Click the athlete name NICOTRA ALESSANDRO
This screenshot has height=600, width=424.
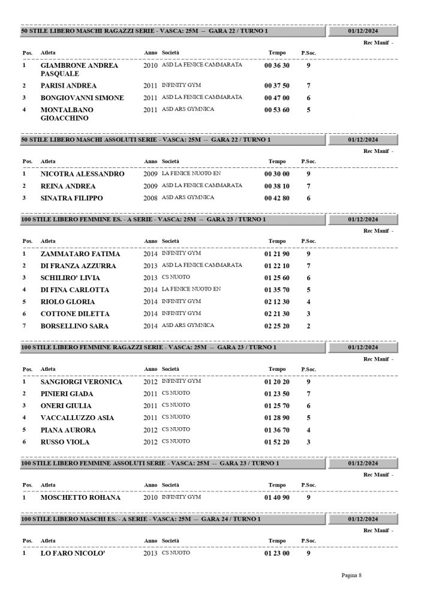[x=82, y=174]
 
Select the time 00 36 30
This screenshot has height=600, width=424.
[x=276, y=65]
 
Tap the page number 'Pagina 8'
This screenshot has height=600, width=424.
[x=351, y=575]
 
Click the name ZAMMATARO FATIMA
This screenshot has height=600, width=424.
[x=80, y=254]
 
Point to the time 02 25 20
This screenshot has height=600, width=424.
[x=276, y=326]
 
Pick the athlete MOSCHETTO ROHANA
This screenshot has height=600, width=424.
[x=80, y=497]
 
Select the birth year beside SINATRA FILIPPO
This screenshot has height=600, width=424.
[x=150, y=198]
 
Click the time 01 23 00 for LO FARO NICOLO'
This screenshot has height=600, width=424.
[x=276, y=553]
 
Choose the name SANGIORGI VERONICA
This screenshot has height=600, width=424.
[x=81, y=382]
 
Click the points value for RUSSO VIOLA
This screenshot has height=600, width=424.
[x=308, y=442]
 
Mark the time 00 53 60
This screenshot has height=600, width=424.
[x=276, y=110]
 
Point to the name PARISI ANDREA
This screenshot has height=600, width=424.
[x=68, y=86]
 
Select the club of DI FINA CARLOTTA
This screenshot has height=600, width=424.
[x=191, y=289]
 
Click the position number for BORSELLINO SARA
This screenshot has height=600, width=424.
[x=24, y=326]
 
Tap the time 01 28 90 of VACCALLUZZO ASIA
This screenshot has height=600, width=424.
[x=276, y=418]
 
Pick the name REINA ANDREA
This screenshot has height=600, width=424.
[x=68, y=186]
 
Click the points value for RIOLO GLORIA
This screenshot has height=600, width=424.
[x=308, y=302]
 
